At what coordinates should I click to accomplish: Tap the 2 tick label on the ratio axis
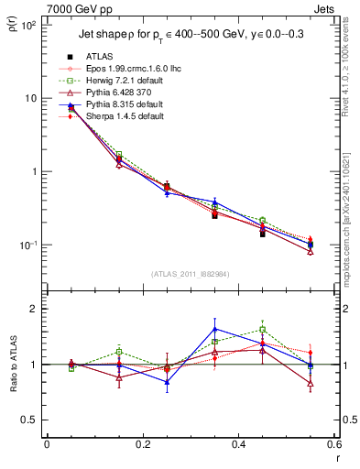(32, 310)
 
